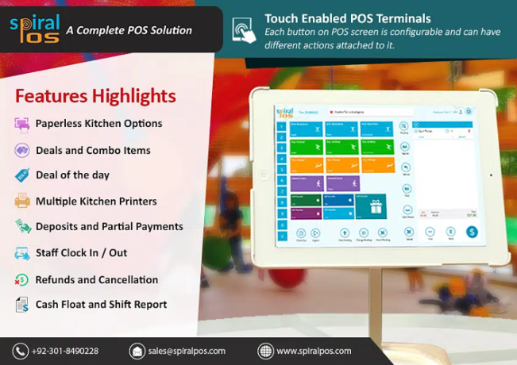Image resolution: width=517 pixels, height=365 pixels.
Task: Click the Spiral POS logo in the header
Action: (33, 30)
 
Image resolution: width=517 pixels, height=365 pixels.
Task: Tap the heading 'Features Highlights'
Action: (95, 96)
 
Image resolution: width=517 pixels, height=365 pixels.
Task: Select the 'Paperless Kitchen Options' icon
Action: (22, 124)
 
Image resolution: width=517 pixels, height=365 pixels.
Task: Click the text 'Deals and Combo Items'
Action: (93, 150)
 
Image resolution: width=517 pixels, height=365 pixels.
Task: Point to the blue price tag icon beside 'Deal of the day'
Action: (22, 175)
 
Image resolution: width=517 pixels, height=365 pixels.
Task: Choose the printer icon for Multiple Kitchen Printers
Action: (22, 202)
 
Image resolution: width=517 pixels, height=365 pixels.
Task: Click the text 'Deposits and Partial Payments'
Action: (110, 227)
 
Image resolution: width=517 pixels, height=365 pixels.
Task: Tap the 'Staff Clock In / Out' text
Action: (81, 253)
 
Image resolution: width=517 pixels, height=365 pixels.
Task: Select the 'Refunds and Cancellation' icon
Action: (22, 279)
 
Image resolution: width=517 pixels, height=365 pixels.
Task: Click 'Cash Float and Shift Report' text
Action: (101, 305)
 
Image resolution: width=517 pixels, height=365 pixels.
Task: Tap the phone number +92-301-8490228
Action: (66, 351)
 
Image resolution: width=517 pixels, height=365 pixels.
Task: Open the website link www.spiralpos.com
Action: (314, 351)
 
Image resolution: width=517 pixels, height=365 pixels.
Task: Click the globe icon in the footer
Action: (265, 351)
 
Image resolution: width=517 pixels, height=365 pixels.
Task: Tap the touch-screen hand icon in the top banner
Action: (244, 29)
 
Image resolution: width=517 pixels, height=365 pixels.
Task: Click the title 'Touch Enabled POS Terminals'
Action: (348, 18)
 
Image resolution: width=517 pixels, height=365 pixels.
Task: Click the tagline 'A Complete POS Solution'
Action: (129, 31)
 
